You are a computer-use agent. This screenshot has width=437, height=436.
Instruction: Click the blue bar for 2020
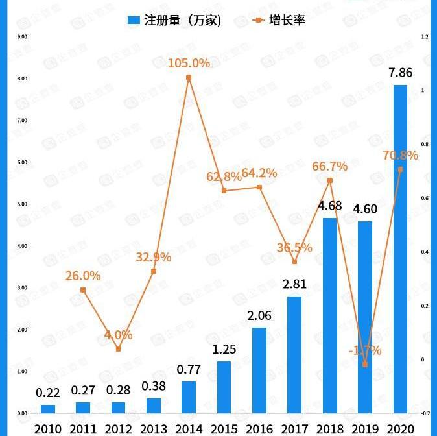400,250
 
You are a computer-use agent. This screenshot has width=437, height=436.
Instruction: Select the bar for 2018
330,316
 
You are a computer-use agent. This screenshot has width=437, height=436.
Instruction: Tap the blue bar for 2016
259,370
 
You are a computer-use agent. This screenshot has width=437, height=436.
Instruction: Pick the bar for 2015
224,387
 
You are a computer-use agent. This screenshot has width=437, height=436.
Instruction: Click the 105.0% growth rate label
189,63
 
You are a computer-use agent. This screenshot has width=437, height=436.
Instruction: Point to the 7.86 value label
400,73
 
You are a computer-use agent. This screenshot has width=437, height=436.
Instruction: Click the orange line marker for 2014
189,77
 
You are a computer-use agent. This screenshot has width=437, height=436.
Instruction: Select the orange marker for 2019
365,365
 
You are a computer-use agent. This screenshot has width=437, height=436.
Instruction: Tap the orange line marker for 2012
118,349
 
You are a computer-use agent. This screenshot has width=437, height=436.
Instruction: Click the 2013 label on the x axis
153,429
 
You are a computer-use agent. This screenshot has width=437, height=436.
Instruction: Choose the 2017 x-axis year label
294,429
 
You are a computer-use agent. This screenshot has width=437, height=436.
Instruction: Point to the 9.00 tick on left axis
22,37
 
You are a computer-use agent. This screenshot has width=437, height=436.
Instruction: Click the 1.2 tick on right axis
425,37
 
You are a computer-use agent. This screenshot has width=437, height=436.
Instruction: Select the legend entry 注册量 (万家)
175,20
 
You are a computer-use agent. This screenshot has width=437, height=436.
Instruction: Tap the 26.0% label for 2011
83,276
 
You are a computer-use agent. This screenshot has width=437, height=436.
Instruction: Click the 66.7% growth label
329,166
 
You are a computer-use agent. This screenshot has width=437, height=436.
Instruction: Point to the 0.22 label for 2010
48,392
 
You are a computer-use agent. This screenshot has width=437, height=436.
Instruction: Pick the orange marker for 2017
294,262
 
